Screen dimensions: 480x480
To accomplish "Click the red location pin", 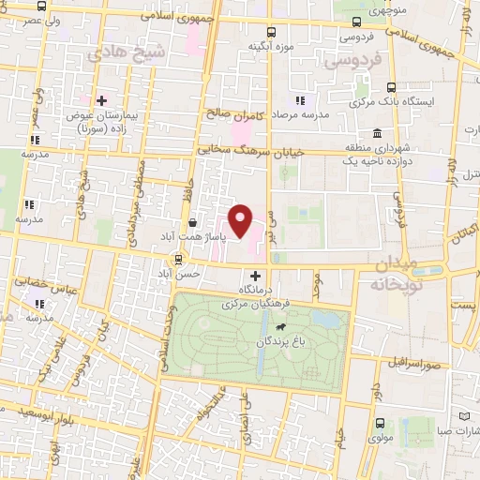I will [x=242, y=220].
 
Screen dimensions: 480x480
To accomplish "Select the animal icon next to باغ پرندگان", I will [x=307, y=328].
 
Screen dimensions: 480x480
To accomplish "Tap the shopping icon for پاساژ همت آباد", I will [x=192, y=223].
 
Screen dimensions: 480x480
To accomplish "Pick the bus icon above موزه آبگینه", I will [x=272, y=31].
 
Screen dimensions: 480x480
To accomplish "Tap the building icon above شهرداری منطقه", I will [x=376, y=131].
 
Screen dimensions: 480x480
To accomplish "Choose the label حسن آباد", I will [x=177, y=274].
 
